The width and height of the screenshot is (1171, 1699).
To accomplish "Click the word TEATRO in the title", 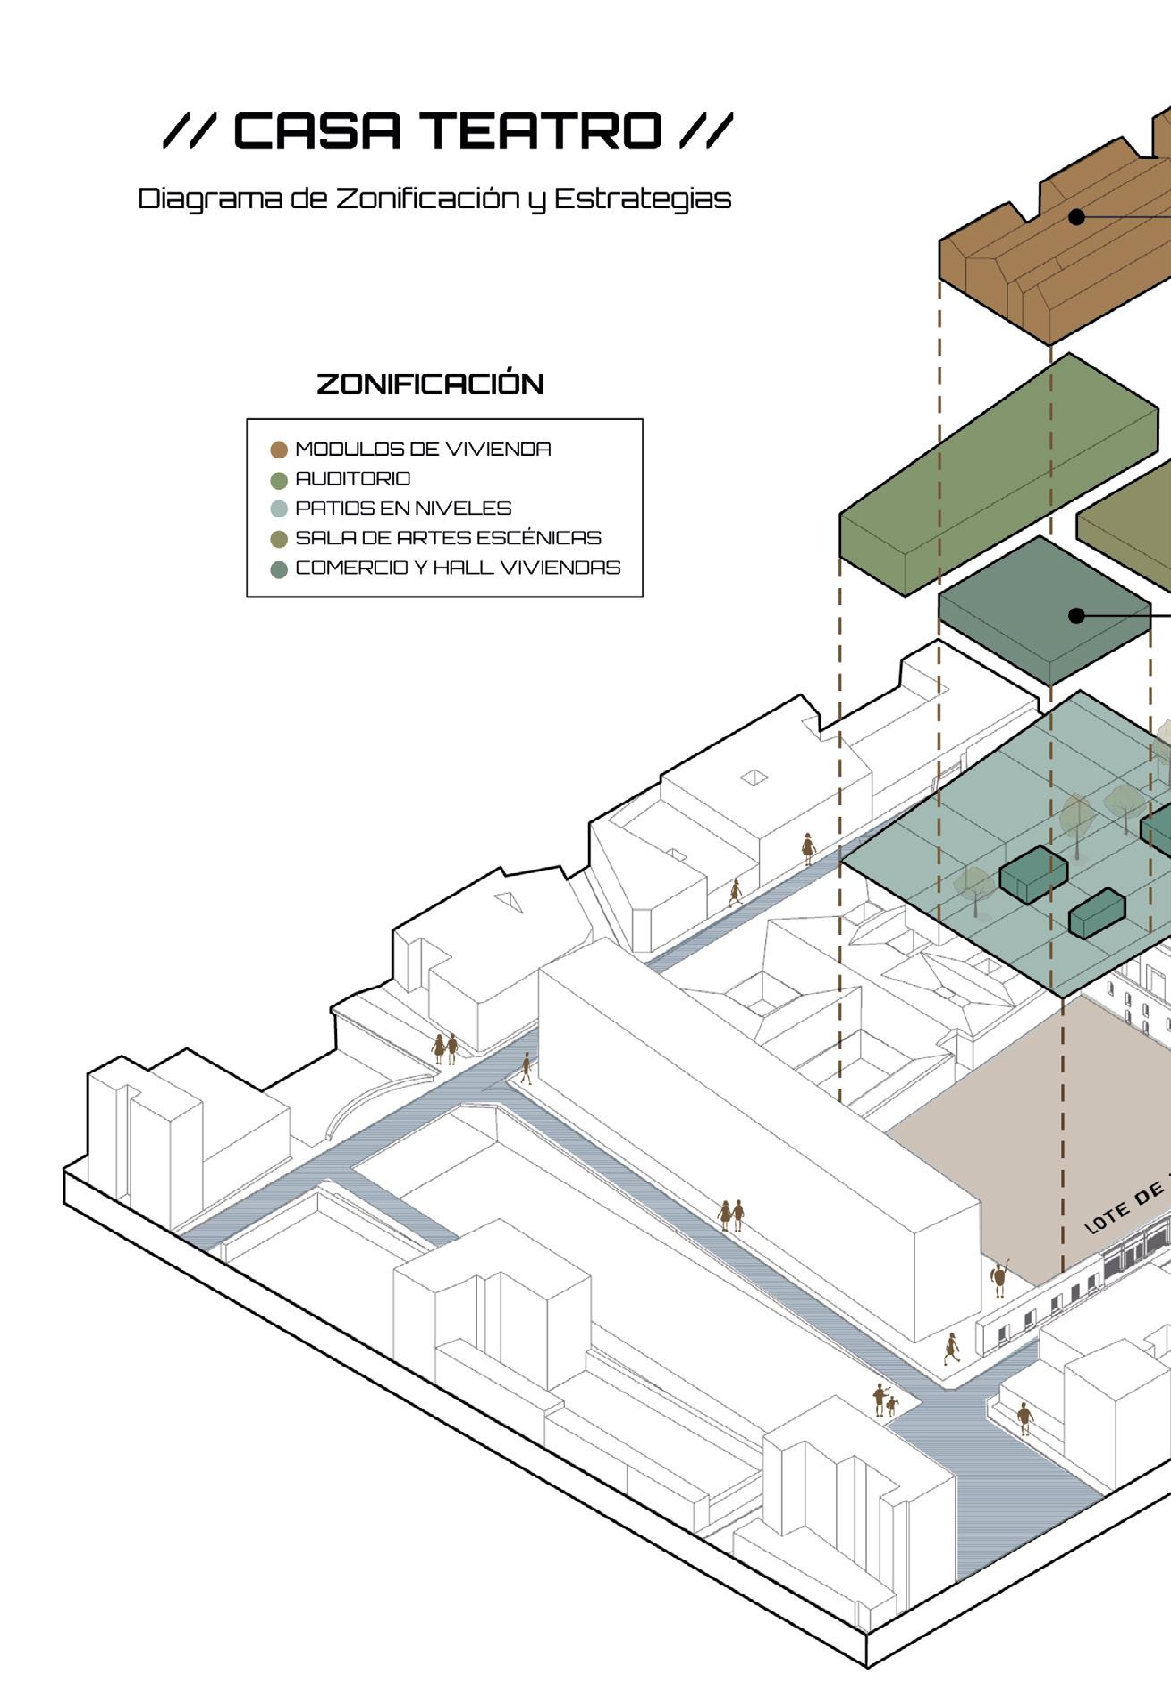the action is tap(542, 131).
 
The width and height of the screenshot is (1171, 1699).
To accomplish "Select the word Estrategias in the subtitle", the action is tap(643, 198).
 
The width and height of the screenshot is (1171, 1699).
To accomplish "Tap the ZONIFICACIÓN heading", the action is tap(430, 384).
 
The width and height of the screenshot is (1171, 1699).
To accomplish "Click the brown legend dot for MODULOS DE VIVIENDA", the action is tap(279, 450).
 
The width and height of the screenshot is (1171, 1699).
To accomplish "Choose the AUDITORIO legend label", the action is tap(353, 479).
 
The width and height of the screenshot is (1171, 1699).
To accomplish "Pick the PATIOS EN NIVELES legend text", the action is tap(403, 509).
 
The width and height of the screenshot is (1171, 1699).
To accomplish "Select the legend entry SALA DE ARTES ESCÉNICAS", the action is tap(448, 538).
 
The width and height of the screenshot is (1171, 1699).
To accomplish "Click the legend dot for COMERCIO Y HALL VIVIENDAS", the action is tap(279, 569).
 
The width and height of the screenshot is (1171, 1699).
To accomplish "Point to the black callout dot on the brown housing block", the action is tap(1077, 216).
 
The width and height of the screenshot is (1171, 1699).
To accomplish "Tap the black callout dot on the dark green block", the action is tap(1077, 615).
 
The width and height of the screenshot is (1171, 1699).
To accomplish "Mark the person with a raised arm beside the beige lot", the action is tap(999, 1278).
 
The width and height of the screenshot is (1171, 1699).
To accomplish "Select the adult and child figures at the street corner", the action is tap(884, 1401).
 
